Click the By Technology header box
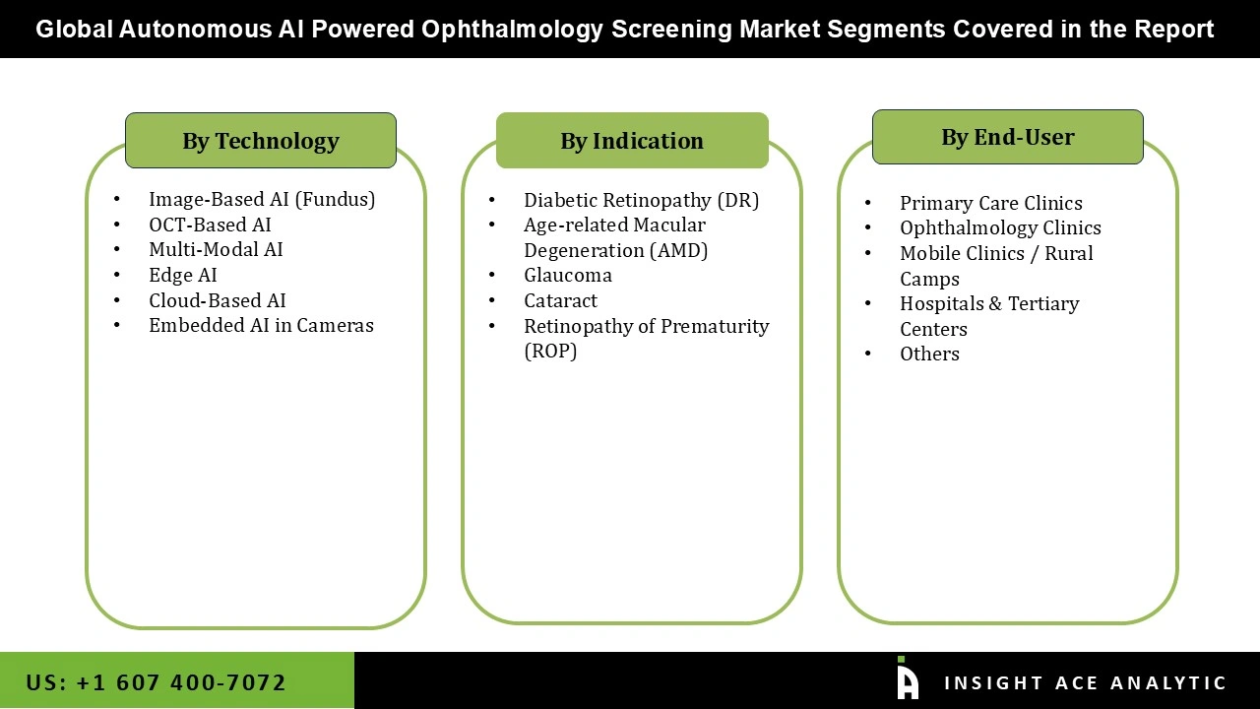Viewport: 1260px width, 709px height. coord(261,141)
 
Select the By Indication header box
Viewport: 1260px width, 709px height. coord(632,141)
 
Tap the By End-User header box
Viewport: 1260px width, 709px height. coord(1007,137)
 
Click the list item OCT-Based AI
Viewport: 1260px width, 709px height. coord(210,225)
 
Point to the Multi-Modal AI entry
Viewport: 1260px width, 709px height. coord(216,249)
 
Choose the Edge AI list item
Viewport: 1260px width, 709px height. coord(183,275)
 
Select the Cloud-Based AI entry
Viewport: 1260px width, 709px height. coord(218,300)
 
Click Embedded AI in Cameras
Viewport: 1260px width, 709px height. coord(261,325)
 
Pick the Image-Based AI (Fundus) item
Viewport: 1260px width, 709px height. coord(262,199)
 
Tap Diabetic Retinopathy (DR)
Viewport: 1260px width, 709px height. coord(641,200)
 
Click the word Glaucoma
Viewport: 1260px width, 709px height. coord(568,275)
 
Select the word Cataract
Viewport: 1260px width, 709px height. coord(560,300)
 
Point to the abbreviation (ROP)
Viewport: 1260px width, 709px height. coord(550,351)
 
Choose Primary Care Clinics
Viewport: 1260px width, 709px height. coord(990,203)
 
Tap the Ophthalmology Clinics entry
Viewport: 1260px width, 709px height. coord(1000,227)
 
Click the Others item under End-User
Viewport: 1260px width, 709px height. coord(929,354)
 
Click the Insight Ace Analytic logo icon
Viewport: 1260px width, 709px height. coord(907,678)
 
